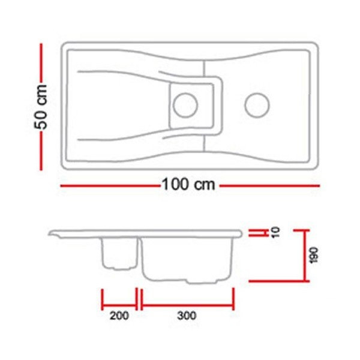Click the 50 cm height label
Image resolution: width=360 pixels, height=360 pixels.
pyautogui.click(x=41, y=107)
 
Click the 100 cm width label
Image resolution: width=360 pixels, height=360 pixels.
pyautogui.click(x=189, y=185)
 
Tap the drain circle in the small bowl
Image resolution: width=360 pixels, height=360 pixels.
pyautogui.click(x=185, y=106)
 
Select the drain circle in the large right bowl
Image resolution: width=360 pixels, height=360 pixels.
pyautogui.click(x=257, y=106)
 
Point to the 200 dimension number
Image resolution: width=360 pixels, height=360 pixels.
pyautogui.click(x=119, y=316)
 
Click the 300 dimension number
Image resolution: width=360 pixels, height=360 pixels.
pyautogui.click(x=187, y=316)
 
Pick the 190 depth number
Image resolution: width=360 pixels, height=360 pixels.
pyautogui.click(x=313, y=256)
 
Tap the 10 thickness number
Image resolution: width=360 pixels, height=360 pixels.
pyautogui.click(x=275, y=232)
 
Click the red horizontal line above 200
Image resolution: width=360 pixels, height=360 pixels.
pyautogui.click(x=119, y=305)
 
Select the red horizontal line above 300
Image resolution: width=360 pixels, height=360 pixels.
pyautogui.click(x=187, y=305)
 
